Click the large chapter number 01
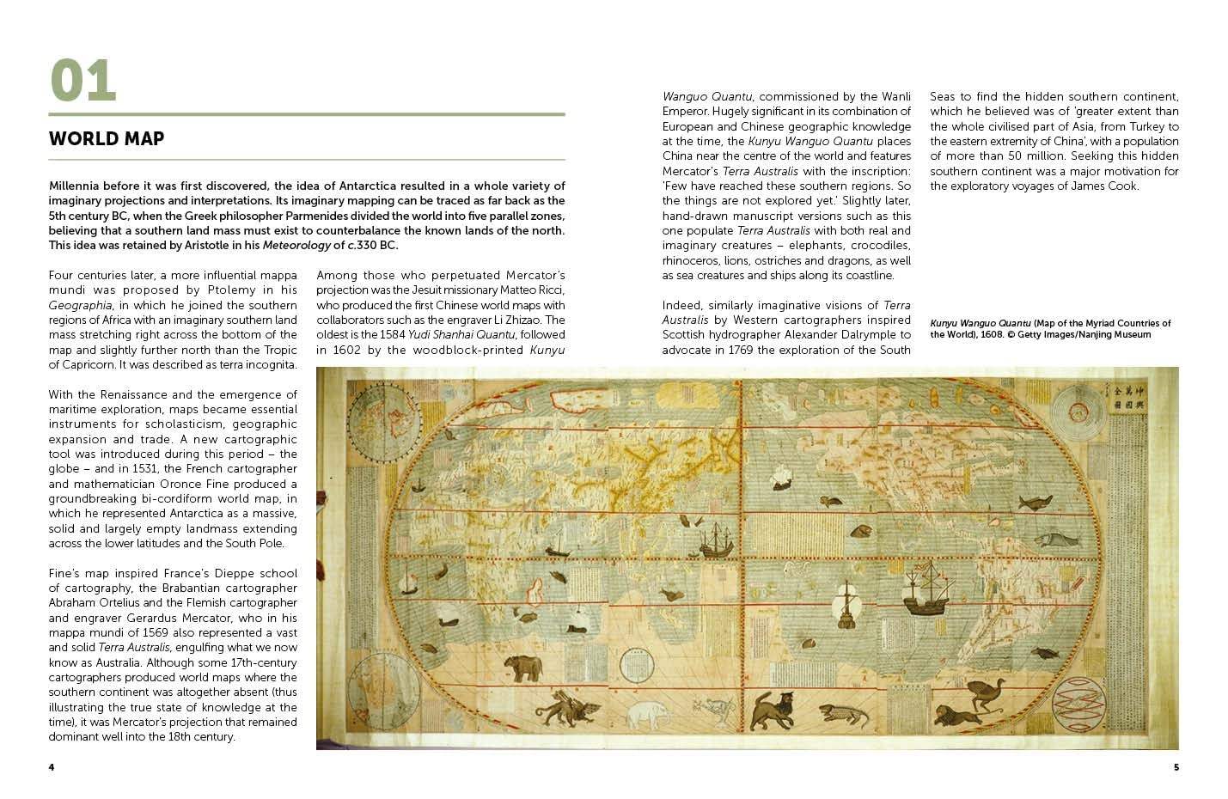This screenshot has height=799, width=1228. [x=82, y=82]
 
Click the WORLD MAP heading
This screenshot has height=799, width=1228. [x=107, y=139]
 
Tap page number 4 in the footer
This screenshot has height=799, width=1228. [x=52, y=766]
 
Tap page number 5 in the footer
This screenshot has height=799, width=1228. [x=1176, y=766]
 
